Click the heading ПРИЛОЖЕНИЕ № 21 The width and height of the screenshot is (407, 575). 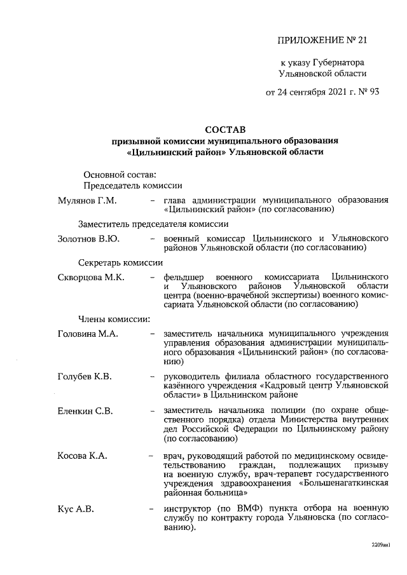322,41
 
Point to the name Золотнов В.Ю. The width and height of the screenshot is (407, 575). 88,238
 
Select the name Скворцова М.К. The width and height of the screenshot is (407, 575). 91,277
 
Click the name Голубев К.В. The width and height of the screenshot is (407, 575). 85,377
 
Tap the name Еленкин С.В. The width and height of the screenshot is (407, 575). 85,411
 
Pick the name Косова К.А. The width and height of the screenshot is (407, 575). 83,456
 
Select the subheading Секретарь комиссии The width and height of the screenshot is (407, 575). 120,262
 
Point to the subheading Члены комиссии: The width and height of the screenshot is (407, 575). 114,318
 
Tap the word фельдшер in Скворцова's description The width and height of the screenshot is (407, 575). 185,277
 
